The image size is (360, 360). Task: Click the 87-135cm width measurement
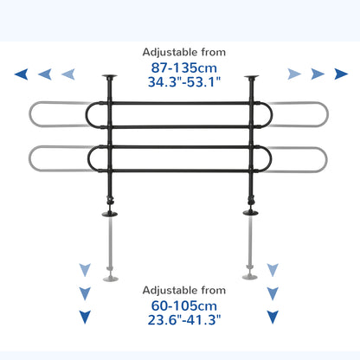(184, 68)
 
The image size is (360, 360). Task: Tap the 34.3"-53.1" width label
(184, 82)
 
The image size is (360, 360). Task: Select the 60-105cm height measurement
(184, 305)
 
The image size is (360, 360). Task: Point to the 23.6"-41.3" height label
(184, 319)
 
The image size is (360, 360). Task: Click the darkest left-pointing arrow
(22, 74)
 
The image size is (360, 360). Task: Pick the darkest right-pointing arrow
(341, 74)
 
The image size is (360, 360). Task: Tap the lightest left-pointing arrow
(68, 74)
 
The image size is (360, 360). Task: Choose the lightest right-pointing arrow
(294, 74)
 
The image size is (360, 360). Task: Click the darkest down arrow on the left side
(85, 317)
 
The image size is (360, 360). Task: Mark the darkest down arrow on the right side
(273, 317)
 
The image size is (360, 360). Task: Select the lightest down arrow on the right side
(273, 270)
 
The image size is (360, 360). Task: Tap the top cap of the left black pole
(110, 77)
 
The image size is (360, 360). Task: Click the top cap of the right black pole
(251, 77)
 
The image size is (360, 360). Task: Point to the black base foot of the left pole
(110, 214)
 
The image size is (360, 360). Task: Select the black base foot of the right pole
(251, 213)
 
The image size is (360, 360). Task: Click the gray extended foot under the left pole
(111, 279)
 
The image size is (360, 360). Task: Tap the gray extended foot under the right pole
(250, 277)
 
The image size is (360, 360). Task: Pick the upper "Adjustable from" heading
(184, 53)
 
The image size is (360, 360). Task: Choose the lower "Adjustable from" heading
(184, 290)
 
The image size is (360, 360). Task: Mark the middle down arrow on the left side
(85, 293)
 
